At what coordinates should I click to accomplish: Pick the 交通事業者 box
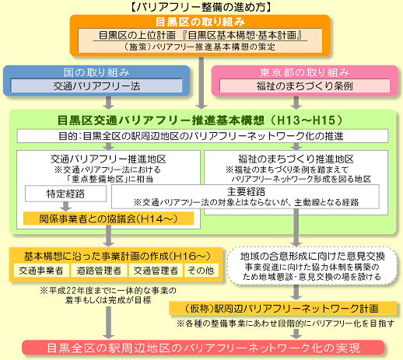point(39,270)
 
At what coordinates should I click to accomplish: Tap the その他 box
point(200,270)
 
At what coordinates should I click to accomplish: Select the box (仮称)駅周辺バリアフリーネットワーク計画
point(283,308)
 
